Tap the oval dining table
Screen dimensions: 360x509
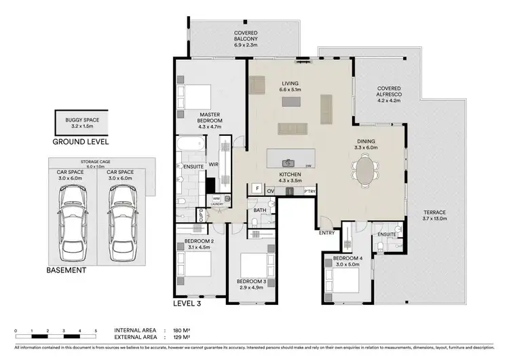[x=366, y=170]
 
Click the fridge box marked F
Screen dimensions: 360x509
[x=257, y=188]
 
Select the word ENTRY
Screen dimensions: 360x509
[x=328, y=233]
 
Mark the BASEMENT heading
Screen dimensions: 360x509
[x=67, y=270]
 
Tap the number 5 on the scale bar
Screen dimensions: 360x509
[x=96, y=329]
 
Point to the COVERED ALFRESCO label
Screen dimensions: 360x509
[x=390, y=93]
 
